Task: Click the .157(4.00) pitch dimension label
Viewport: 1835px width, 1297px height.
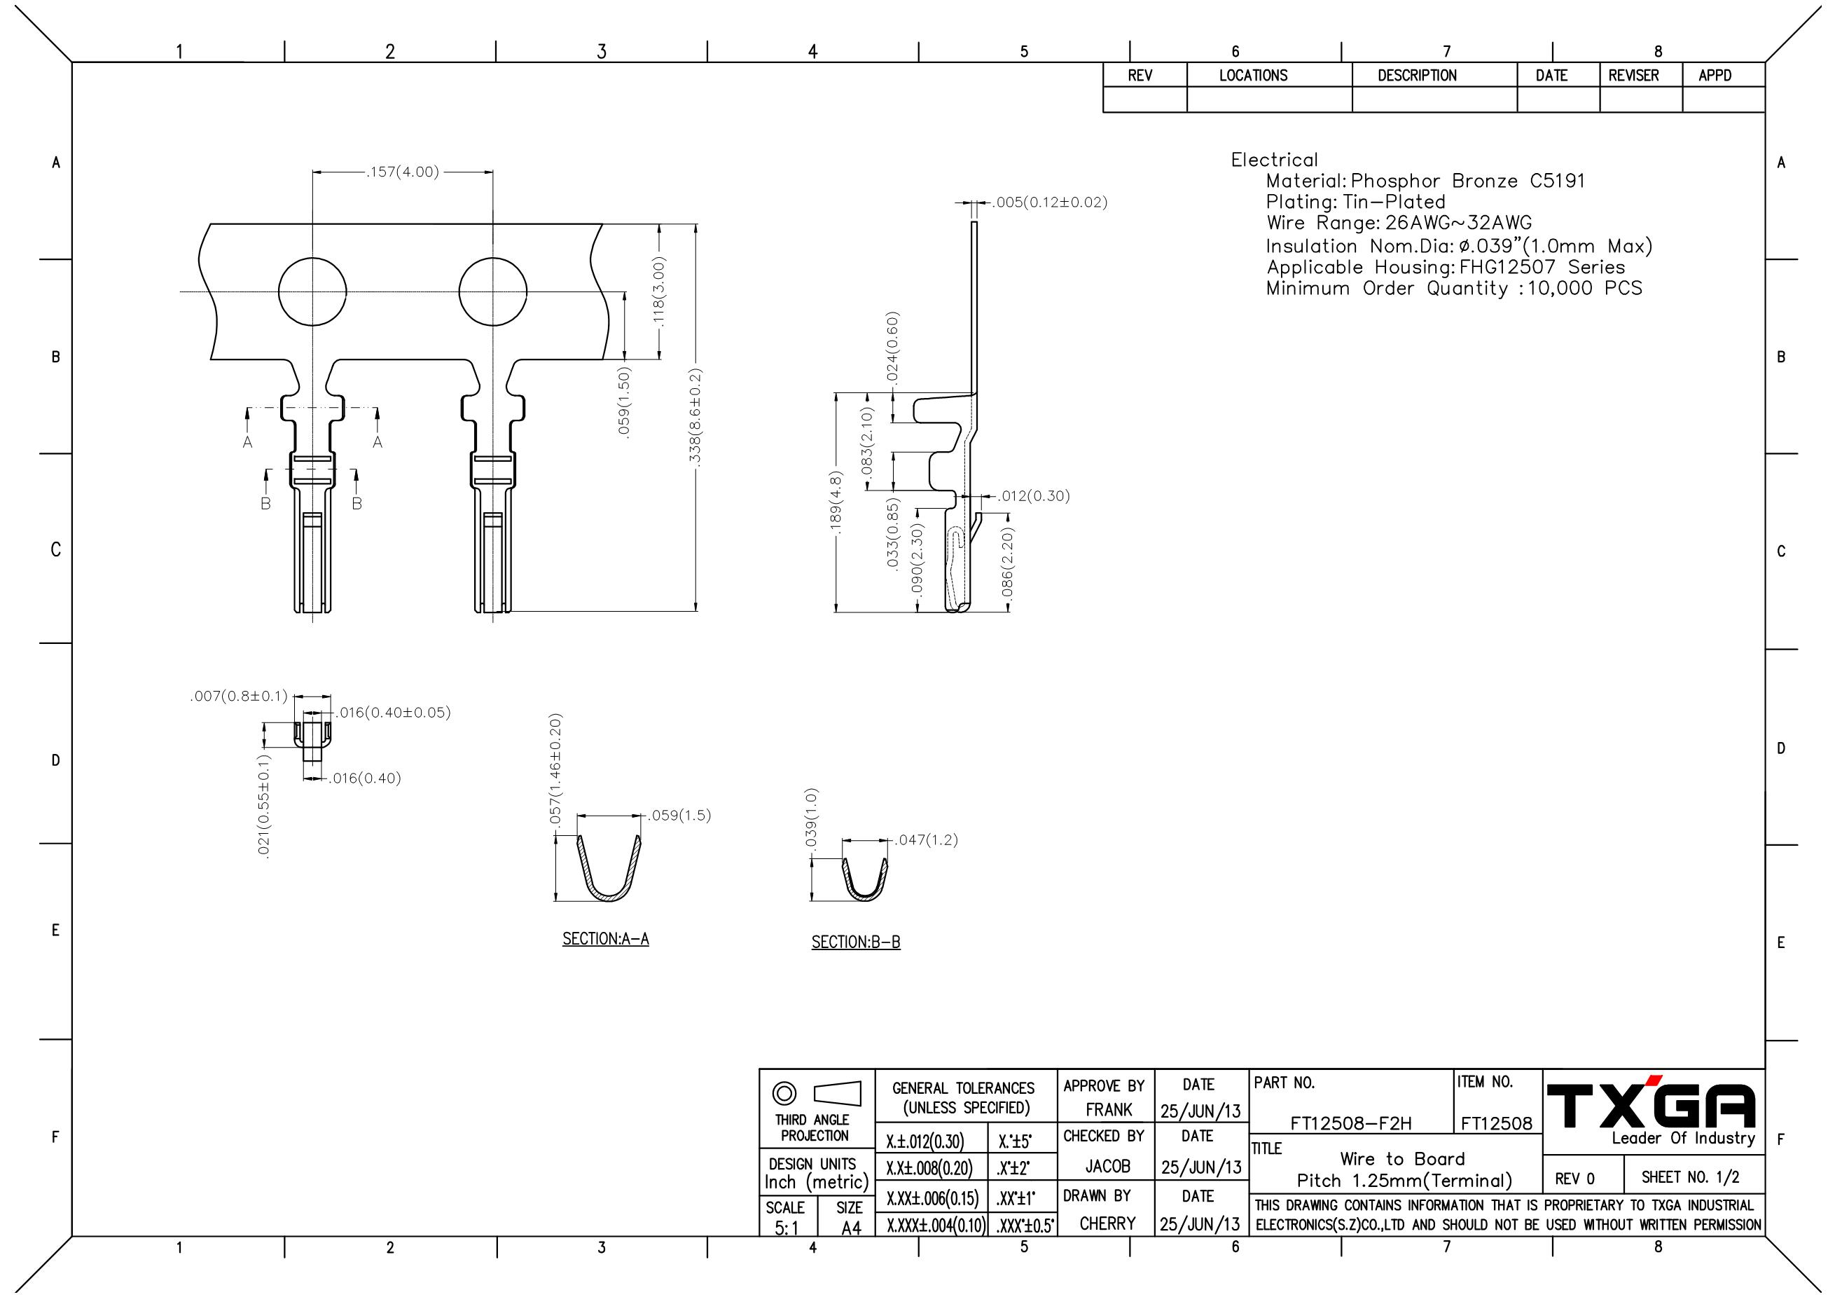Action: click(x=402, y=172)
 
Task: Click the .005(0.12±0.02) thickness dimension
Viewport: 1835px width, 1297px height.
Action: click(x=1049, y=203)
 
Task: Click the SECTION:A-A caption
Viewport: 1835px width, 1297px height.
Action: click(x=606, y=939)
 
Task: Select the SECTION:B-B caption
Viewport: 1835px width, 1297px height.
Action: click(x=856, y=942)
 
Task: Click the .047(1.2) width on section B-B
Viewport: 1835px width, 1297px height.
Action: click(x=925, y=839)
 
